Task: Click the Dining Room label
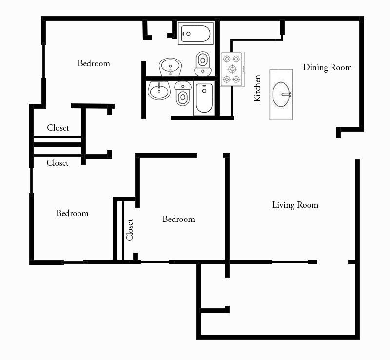pyautogui.click(x=327, y=67)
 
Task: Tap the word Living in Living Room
pyautogui.click(x=283, y=205)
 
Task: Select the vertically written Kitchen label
pyautogui.click(x=257, y=88)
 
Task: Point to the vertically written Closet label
pyautogui.click(x=130, y=229)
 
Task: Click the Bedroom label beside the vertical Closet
pyautogui.click(x=178, y=219)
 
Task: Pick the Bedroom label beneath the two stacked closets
pyautogui.click(x=72, y=213)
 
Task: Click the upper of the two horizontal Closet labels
pyautogui.click(x=58, y=128)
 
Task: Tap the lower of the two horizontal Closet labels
pyautogui.click(x=58, y=163)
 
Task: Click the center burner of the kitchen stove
pyautogui.click(x=232, y=69)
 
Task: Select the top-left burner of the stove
pyautogui.click(x=226, y=59)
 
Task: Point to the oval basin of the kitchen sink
pyautogui.click(x=281, y=94)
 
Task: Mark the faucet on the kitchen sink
pyautogui.click(x=289, y=94)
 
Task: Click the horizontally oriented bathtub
pyautogui.click(x=195, y=33)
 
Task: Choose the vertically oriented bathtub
pyautogui.click(x=204, y=99)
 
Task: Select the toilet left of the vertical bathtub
pyautogui.click(x=183, y=93)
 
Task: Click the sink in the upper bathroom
pyautogui.click(x=170, y=66)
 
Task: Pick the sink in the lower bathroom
pyautogui.click(x=158, y=90)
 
